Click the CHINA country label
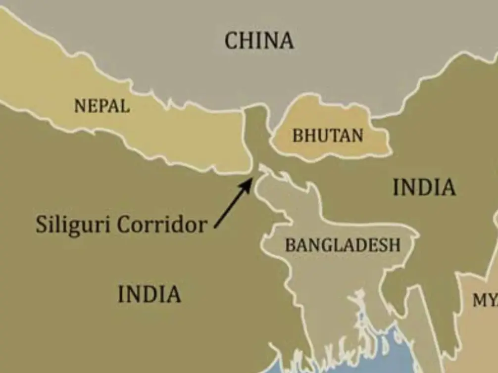(259, 40)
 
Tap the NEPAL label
(102, 105)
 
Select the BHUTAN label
(328, 135)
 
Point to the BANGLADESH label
(343, 244)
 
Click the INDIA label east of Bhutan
(424, 187)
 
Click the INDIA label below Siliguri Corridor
(149, 294)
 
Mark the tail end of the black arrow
(216, 227)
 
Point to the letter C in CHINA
(232, 41)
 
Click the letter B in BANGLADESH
(290, 245)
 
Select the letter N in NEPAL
(79, 106)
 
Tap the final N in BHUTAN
(357, 136)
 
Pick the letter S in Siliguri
(41, 225)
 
